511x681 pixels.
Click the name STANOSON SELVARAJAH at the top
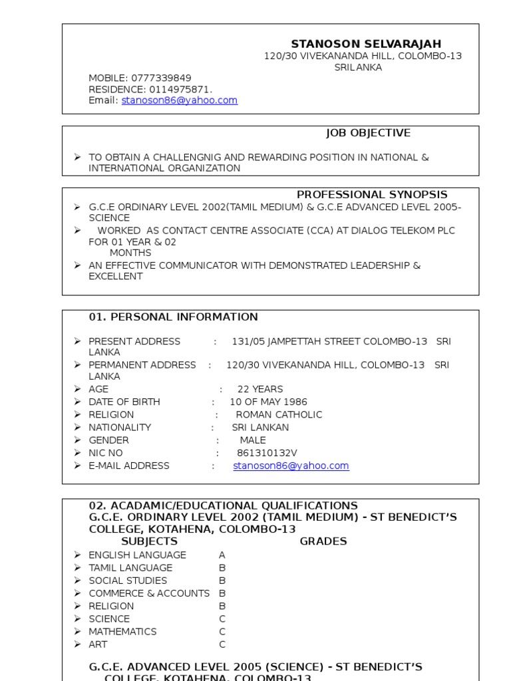366,45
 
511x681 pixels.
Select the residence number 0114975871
180,89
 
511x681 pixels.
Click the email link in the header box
179,100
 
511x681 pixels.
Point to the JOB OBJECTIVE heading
368,133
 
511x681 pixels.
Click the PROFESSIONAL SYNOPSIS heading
372,195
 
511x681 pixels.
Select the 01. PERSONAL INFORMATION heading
173,317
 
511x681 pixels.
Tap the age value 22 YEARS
259,389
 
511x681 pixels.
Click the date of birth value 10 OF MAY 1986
268,402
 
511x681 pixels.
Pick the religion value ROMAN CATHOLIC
279,414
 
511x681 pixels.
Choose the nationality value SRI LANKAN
260,428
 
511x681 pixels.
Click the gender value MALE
252,440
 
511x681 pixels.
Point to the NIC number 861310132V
267,453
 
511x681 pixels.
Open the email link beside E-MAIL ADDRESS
291,466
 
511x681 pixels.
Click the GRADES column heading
323,541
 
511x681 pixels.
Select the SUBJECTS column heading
149,541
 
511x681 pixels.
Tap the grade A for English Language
222,555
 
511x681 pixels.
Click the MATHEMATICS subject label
122,632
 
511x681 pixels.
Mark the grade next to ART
222,644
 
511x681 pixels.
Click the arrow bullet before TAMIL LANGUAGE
77,568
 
